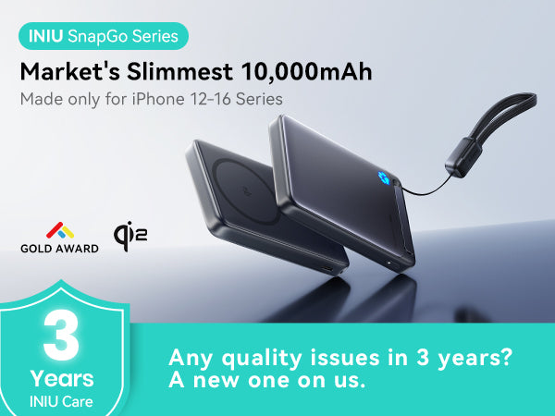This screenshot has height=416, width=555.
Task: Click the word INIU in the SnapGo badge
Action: click(x=45, y=36)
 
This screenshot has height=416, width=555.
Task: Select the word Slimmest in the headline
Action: click(x=179, y=72)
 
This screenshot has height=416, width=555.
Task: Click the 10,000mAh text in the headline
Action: click(x=306, y=72)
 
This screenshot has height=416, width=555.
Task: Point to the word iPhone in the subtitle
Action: click(x=158, y=99)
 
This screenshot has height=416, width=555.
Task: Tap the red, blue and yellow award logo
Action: click(x=60, y=230)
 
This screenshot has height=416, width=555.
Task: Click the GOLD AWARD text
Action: click(x=59, y=249)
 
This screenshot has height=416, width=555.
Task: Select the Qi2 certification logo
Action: click(x=130, y=236)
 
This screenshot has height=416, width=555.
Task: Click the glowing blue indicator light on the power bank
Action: click(x=383, y=177)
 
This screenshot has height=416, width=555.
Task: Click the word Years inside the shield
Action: click(x=62, y=378)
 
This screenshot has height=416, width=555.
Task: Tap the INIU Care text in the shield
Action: click(x=61, y=402)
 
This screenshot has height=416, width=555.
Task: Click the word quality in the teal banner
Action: click(x=262, y=358)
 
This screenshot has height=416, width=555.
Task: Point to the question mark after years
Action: click(x=507, y=357)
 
